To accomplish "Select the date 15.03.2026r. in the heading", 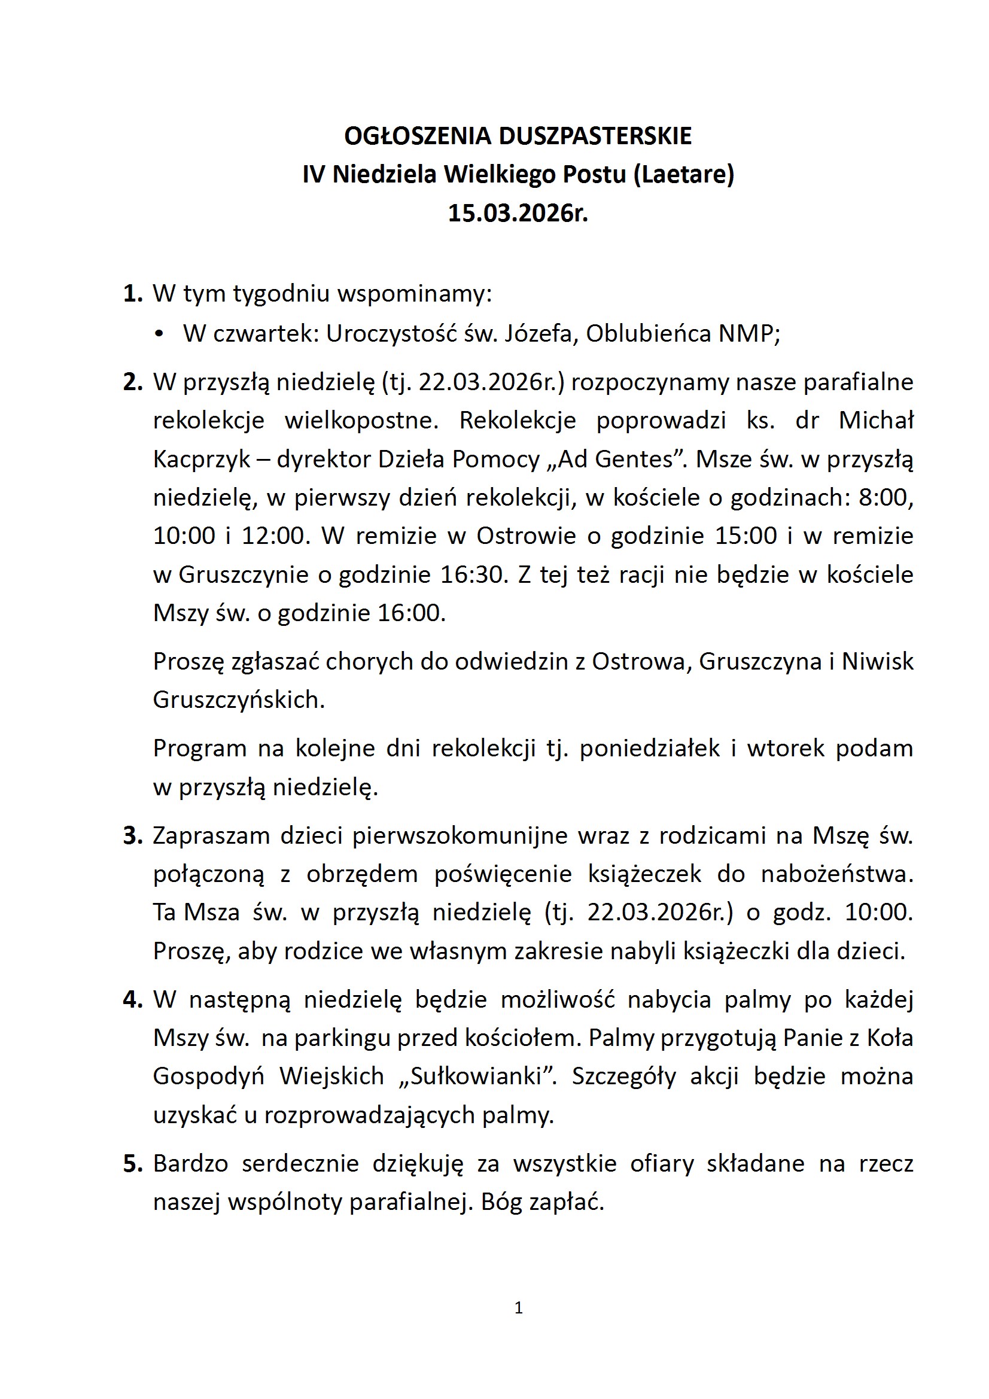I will point(518,213).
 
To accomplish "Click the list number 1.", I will point(132,294).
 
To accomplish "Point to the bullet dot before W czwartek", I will point(160,334).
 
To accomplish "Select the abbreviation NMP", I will point(747,334).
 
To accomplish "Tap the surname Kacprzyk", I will point(201,460).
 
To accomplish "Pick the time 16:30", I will point(473,574).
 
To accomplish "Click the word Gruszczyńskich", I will point(238,700).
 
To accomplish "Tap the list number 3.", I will point(132,836).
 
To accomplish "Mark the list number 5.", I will point(132,1164).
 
